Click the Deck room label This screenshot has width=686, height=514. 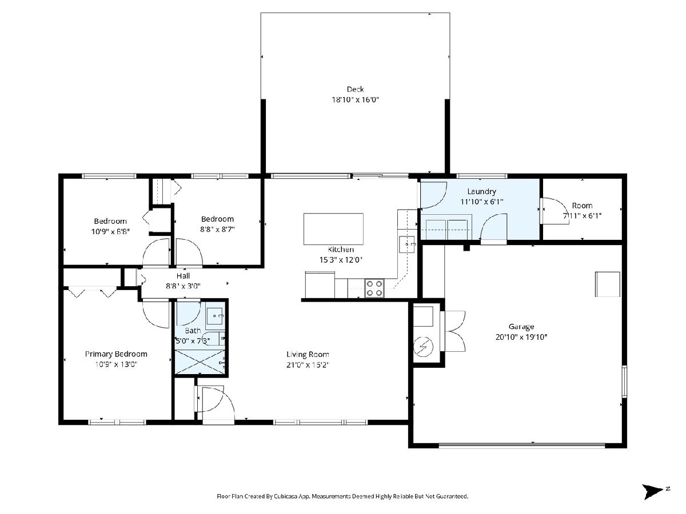pos(355,89)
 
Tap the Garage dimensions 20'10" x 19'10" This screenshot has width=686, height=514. pos(521,337)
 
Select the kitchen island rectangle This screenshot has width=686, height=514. pos(333,229)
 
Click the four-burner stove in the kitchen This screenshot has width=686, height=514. pos(374,288)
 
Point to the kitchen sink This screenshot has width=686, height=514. pos(406,244)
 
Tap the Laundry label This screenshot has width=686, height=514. pos(481,192)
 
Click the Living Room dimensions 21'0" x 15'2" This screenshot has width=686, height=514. pos(308,365)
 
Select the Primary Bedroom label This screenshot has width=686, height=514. pos(116,354)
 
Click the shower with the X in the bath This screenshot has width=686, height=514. pos(200,362)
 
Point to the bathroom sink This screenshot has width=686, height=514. pos(215,316)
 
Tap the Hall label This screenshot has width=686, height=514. pos(183,276)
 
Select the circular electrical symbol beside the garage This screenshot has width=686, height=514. pos(423,347)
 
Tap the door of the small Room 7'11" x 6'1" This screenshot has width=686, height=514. pos(554,211)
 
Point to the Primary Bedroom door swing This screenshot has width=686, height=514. pos(156,314)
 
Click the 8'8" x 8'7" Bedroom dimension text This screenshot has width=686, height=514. pos(217,230)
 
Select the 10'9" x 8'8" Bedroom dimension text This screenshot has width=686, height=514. pos(110,231)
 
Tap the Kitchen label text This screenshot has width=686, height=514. pos(341,250)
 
